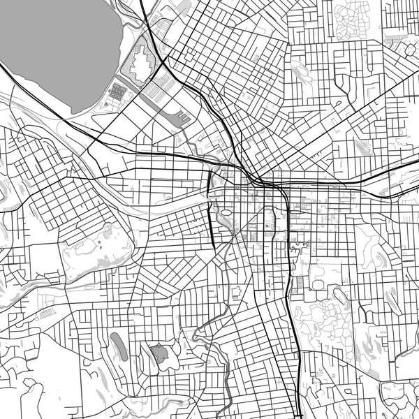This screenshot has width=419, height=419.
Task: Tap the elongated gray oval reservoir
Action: coord(119,346)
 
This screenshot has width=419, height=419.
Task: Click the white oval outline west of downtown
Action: coord(226,212)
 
